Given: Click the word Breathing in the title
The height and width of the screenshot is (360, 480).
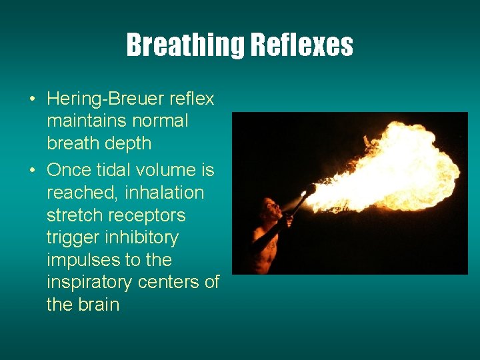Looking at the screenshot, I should pos(185,45).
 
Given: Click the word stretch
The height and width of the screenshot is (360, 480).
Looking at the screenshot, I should pos(73,215).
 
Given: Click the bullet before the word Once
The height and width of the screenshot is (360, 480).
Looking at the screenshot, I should pos(33,171).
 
